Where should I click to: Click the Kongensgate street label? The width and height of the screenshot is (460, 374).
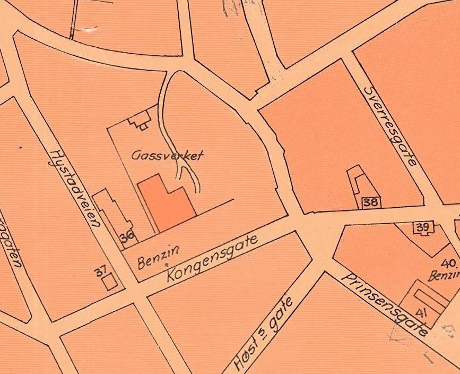coord(213,258)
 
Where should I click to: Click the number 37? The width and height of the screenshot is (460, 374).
coord(101,273)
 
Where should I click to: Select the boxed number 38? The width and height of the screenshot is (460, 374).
coord(371,202)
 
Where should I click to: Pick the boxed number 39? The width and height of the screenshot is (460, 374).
coord(422,227)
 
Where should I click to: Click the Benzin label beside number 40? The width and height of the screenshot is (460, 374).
coord(446,275)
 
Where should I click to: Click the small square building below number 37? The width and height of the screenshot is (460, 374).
coord(110,282)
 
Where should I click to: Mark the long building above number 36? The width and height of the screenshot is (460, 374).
coord(112,212)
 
